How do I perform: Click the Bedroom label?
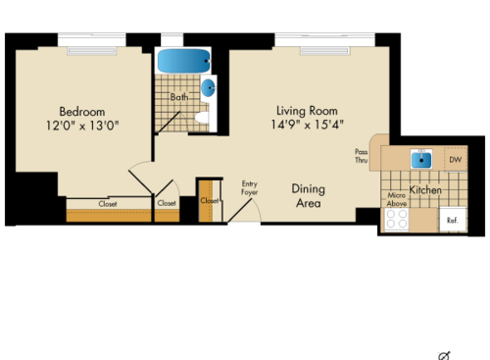pyautogui.click(x=81, y=112)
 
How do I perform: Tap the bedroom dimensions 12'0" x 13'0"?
pyautogui.click(x=81, y=126)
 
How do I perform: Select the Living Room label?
pyautogui.click(x=306, y=110)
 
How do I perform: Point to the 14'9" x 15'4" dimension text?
pyautogui.click(x=306, y=125)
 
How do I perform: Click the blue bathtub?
pyautogui.click(x=182, y=61)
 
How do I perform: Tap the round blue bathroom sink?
pyautogui.click(x=209, y=88)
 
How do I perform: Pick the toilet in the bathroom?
pyautogui.click(x=203, y=118)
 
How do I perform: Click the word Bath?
pyautogui.click(x=178, y=97)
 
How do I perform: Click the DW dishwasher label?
pyautogui.click(x=455, y=159)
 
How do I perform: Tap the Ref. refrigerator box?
pyautogui.click(x=453, y=220)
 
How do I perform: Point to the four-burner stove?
pyautogui.click(x=396, y=220)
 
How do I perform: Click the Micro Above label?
pyautogui.click(x=397, y=200)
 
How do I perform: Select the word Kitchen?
pyautogui.click(x=425, y=189)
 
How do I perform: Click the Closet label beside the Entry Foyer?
pyautogui.click(x=210, y=200)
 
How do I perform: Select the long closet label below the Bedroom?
pyautogui.click(x=108, y=204)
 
